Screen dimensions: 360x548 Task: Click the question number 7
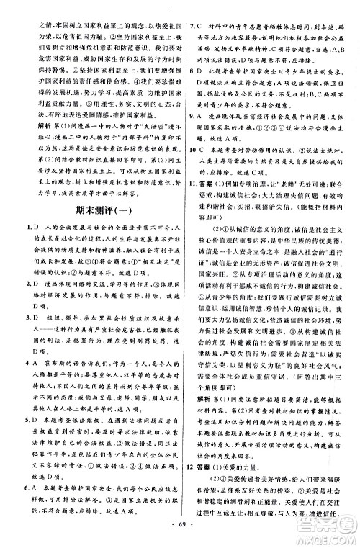[x=191, y=8]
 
